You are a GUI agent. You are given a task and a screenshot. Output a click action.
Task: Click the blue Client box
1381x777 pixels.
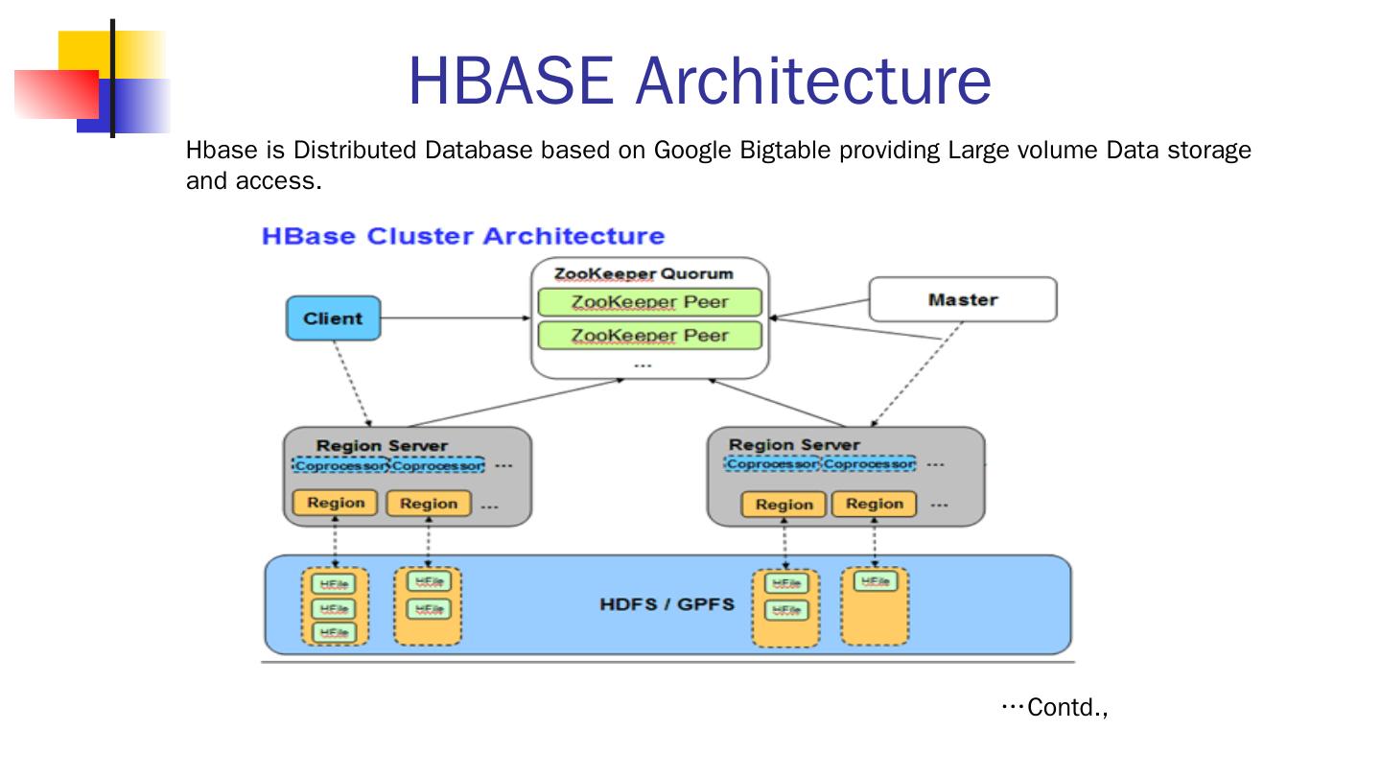click(x=333, y=318)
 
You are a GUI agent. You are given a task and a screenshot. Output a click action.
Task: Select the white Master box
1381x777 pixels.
click(x=962, y=299)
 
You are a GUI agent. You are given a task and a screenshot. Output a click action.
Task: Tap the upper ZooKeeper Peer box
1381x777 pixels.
click(x=649, y=302)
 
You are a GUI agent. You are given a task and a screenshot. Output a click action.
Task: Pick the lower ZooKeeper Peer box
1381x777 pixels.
click(x=649, y=336)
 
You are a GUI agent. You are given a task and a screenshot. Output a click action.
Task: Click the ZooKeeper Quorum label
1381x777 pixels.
click(x=643, y=273)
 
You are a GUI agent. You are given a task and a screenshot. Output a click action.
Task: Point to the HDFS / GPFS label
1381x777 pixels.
click(x=667, y=604)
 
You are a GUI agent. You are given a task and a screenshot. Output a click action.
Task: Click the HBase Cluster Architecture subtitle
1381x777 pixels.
click(x=462, y=236)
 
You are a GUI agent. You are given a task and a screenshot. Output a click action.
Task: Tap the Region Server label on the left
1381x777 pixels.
click(x=382, y=445)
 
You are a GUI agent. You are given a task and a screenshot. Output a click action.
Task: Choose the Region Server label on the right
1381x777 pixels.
click(x=794, y=444)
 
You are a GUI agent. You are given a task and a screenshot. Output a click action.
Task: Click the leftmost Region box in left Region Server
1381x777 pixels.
click(x=336, y=503)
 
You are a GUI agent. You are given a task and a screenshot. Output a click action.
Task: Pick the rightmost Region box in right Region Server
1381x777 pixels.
click(x=874, y=504)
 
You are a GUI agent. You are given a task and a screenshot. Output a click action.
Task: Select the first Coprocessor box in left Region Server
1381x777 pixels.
click(x=340, y=465)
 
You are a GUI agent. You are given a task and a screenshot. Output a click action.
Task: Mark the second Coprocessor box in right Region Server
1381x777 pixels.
click(x=869, y=464)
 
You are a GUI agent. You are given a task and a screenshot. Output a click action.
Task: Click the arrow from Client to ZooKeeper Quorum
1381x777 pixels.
click(x=456, y=318)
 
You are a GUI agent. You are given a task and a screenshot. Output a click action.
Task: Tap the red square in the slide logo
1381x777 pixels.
click(x=56, y=94)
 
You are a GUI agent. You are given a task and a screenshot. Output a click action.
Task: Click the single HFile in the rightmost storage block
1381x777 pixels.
click(x=874, y=581)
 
